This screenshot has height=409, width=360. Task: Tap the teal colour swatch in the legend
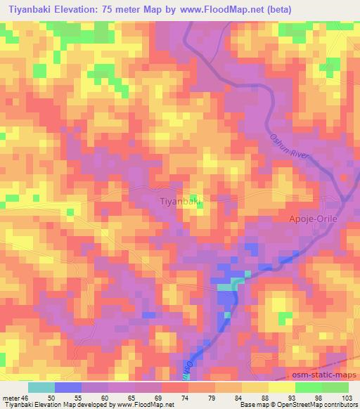tap(41, 387)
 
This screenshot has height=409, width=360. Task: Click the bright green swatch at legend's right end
tap(335, 387)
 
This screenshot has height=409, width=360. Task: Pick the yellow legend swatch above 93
tap(282, 387)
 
